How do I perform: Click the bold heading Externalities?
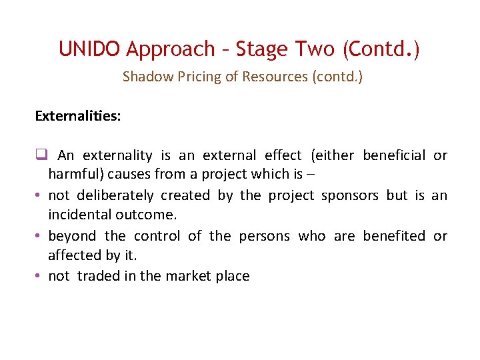78,116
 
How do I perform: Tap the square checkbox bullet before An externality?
40,155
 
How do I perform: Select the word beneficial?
394,155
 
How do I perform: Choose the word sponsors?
351,195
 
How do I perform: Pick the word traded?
99,276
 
